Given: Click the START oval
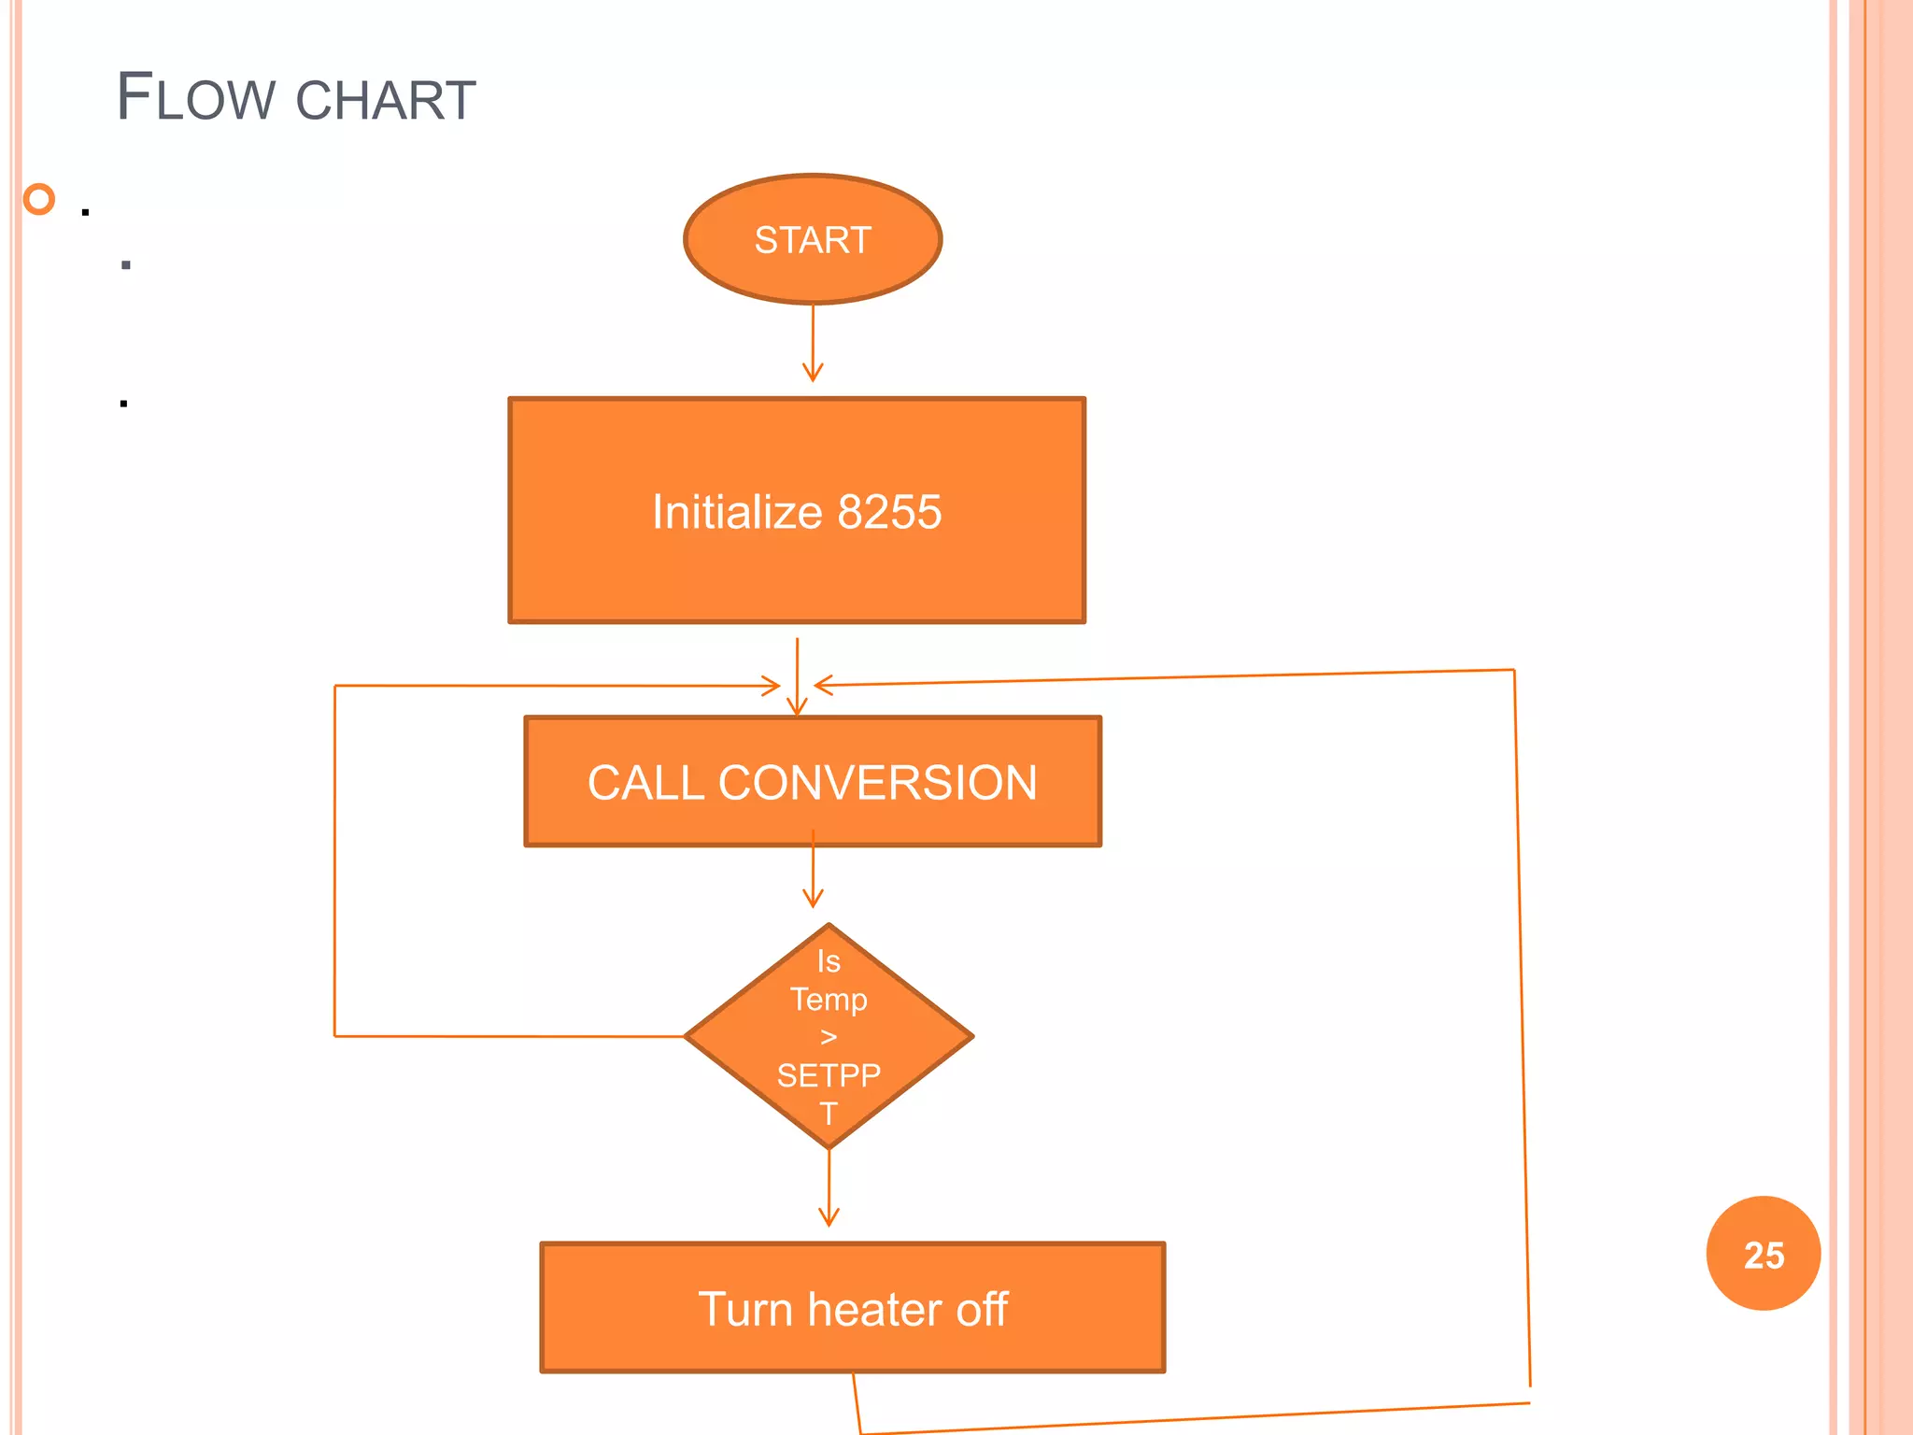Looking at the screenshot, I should pyautogui.click(x=813, y=239).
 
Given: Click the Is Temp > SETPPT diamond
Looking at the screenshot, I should pyautogui.click(x=829, y=1036).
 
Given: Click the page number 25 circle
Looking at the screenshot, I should pyautogui.click(x=1763, y=1254).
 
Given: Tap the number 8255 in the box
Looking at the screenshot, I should pyautogui.click(x=889, y=512).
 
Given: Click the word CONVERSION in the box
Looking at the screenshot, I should pyautogui.click(x=877, y=783).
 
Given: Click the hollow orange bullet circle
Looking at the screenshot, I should pyautogui.click(x=39, y=199).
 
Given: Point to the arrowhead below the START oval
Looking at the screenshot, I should pyautogui.click(x=813, y=375).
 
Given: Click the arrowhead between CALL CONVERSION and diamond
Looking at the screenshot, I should pyautogui.click(x=813, y=900).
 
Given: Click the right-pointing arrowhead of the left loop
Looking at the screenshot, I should pyautogui.click(x=772, y=686).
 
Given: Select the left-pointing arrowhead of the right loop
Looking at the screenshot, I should pyautogui.click(x=823, y=686).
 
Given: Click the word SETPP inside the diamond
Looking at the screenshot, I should pyautogui.click(x=829, y=1075).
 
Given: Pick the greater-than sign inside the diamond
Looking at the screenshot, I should pyautogui.click(x=829, y=1037).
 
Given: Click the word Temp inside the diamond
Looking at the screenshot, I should pyautogui.click(x=829, y=1000).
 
